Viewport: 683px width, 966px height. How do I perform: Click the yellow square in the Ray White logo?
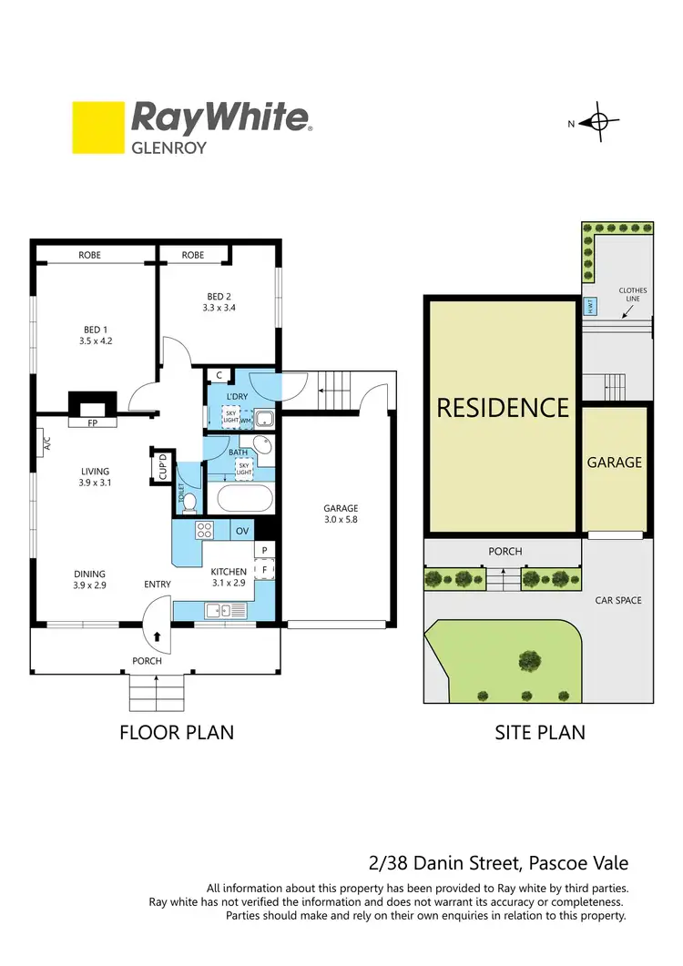[x=97, y=127]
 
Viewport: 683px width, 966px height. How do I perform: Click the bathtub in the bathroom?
[x=243, y=499]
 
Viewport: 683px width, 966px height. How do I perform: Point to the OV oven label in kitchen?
[x=242, y=530]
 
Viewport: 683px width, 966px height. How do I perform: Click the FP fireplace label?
[x=92, y=423]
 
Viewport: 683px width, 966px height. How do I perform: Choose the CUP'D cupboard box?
[x=162, y=466]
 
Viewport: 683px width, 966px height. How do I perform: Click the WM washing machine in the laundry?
[x=245, y=421]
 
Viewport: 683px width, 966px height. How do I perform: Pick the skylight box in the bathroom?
[x=243, y=467]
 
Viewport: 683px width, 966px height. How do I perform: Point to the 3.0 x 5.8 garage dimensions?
[x=341, y=520]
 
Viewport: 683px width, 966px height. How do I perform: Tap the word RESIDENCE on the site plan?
[x=503, y=407]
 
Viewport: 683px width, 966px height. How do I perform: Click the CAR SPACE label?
[x=618, y=600]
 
